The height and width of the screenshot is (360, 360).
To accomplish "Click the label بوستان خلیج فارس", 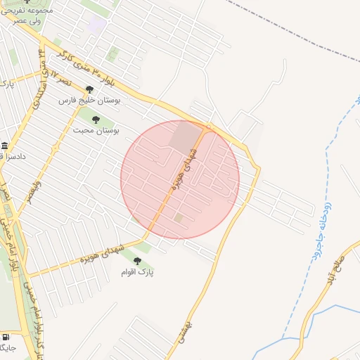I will point(89,101).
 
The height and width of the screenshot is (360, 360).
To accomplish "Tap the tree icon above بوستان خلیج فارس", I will point(89,89).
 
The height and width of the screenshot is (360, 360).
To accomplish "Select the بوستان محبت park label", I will point(96,131).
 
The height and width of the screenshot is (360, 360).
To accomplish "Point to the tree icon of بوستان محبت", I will point(96,120).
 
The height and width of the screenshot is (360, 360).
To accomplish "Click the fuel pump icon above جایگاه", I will point(6,337).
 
